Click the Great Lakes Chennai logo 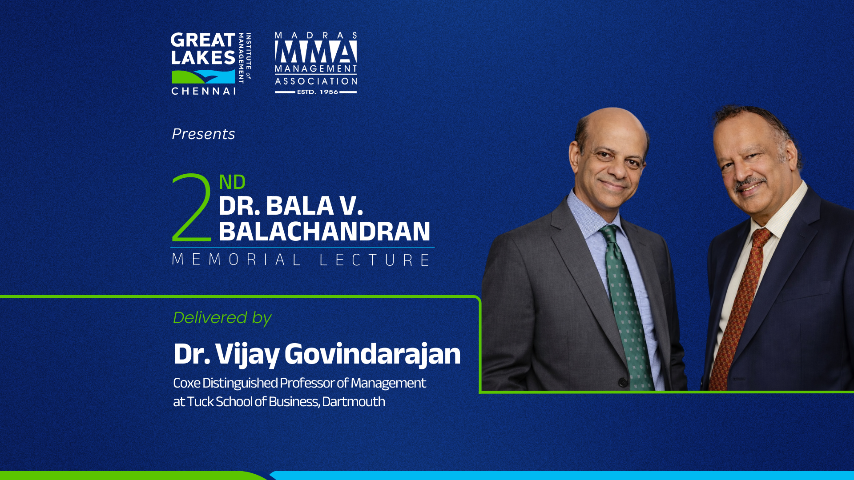point(211,64)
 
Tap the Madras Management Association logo point(316,63)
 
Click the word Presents point(203,134)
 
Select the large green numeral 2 point(192,208)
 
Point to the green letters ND point(232,182)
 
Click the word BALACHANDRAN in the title point(324,232)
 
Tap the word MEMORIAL point(237,260)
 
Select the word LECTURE point(375,260)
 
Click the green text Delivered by point(222,318)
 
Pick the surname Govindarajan point(372,355)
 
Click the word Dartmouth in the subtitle point(354,402)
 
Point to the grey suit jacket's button point(623,382)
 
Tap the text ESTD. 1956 point(318,92)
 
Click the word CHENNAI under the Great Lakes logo point(204,91)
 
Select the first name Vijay point(247,355)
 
